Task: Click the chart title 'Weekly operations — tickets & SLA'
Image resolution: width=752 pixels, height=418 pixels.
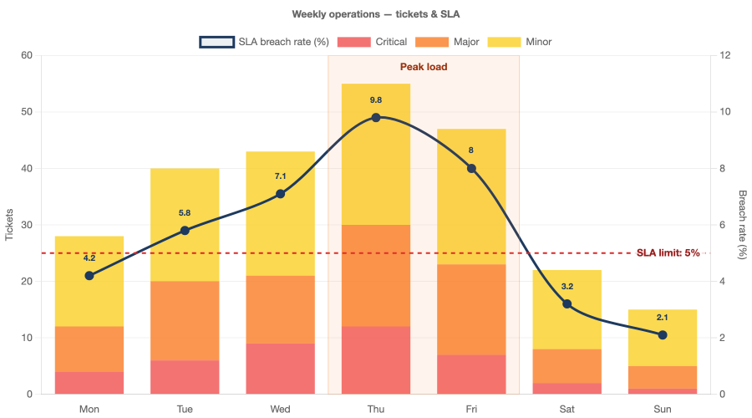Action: point(376,14)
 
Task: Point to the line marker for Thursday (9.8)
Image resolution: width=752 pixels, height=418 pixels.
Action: point(376,118)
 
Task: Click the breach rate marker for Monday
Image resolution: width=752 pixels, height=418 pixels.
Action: point(89,276)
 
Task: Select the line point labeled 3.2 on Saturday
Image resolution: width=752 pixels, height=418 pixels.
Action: point(567,304)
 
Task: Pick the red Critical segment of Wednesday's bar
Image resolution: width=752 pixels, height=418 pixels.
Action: point(280,369)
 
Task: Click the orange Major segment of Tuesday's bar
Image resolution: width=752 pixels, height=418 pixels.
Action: point(185,321)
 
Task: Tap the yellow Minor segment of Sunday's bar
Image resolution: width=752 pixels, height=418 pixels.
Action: point(662,338)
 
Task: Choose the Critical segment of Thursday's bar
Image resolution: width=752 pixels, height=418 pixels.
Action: point(376,360)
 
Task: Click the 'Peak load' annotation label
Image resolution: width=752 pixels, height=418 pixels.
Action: point(424,67)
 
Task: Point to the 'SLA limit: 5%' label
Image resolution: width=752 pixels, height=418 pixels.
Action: point(668,252)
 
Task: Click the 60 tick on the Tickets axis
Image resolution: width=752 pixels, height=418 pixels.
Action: point(27,56)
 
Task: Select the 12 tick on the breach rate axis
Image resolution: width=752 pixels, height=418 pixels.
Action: point(725,56)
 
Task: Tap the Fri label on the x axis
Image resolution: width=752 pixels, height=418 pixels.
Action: point(471,409)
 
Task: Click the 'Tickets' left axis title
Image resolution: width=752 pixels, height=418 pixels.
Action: point(10,225)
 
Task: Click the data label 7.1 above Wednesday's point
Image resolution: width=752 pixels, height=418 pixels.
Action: point(280,176)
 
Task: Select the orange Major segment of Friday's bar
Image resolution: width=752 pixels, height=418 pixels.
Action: point(471,309)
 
